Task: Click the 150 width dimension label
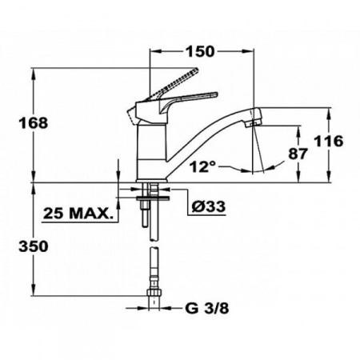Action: tap(201, 52)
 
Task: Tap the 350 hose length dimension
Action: tap(32, 245)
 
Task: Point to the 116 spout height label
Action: tap(328, 142)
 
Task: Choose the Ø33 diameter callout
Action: tap(209, 206)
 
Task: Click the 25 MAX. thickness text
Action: tap(78, 214)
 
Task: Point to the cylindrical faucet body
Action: tap(149, 152)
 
